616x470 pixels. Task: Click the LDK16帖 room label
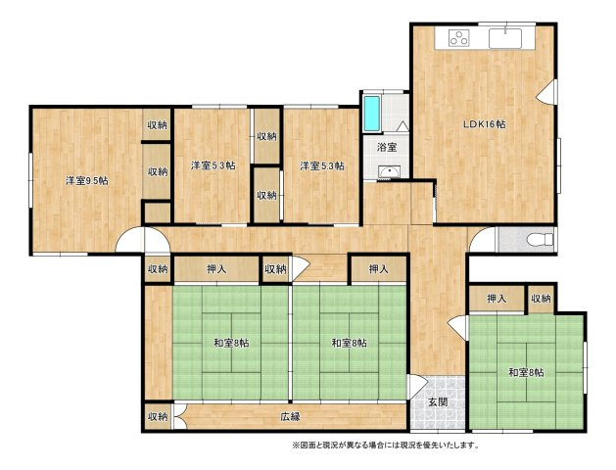484,124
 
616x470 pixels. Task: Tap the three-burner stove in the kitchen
459,38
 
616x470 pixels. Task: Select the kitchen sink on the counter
504,37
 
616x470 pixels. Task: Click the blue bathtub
371,114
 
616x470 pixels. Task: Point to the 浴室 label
387,147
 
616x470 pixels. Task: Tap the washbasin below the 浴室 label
389,172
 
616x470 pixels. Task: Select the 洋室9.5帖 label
87,180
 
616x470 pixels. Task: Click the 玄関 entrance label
438,402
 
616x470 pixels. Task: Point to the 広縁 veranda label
290,416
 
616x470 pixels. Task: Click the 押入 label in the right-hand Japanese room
497,299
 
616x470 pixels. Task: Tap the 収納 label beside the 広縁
158,416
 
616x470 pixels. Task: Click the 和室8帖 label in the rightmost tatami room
526,372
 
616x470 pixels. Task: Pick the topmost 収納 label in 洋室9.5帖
157,125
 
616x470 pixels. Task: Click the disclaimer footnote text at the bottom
386,446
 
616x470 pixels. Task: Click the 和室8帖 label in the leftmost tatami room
231,343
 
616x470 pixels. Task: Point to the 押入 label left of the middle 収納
216,269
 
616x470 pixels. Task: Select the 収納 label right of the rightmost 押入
541,299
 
